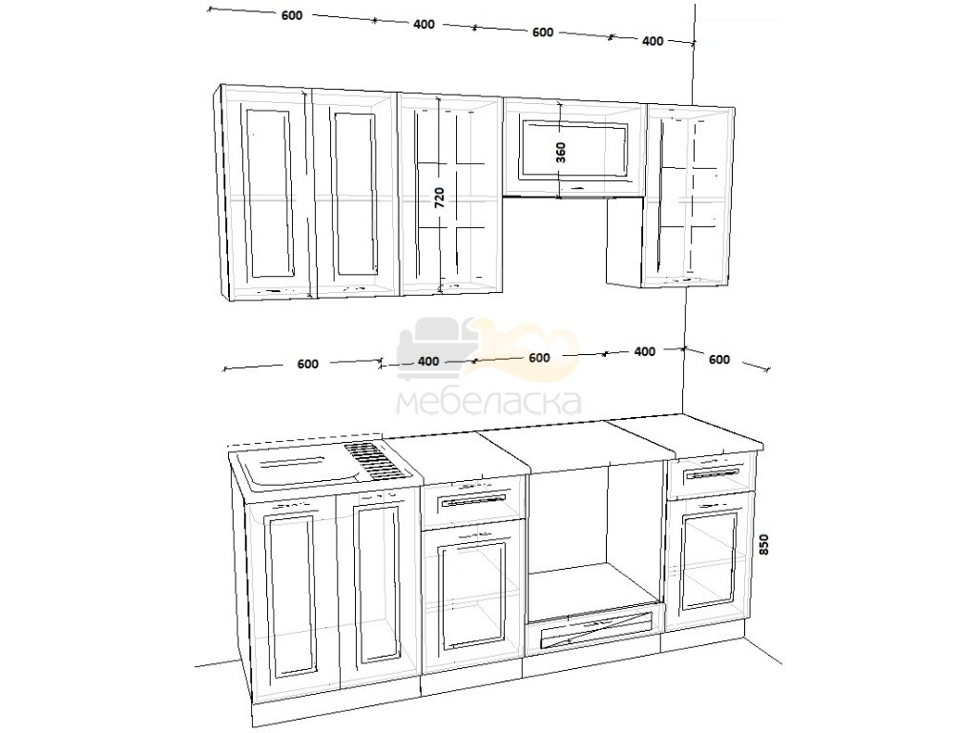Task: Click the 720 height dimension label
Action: [x=439, y=197]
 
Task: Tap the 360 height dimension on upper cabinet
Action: [x=561, y=152]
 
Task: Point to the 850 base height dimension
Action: [x=764, y=544]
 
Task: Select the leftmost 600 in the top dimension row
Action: [x=292, y=15]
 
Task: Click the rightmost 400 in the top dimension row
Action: [x=653, y=41]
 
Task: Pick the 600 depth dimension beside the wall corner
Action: [x=719, y=360]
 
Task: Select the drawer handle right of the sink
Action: [x=473, y=501]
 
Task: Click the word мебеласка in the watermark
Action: [x=488, y=403]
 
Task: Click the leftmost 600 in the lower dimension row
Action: [x=308, y=364]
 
